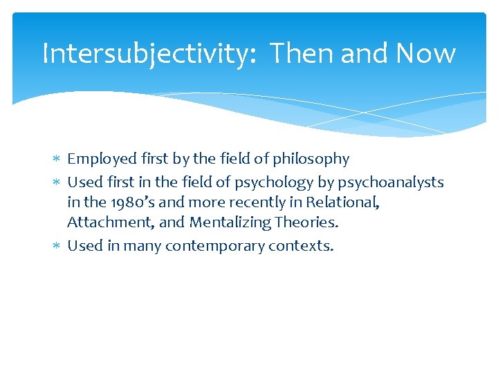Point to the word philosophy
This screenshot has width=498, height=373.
click(x=311, y=159)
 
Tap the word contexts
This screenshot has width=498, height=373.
click(x=299, y=246)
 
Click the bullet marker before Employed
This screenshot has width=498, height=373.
click(x=57, y=160)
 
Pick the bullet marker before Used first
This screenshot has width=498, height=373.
click(x=57, y=182)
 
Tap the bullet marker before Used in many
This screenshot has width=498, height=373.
click(x=57, y=246)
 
